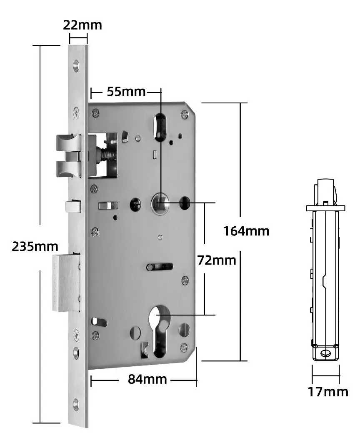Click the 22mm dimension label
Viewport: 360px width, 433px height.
pos(82,25)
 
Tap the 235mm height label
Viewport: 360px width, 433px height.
pos(35,246)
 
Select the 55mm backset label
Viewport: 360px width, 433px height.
pos(126,91)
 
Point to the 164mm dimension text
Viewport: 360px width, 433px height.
pos(246,230)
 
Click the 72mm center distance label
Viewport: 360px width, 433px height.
pos(216,260)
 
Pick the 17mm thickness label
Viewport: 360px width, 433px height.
pos(328,392)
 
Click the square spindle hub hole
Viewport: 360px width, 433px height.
pos(160,203)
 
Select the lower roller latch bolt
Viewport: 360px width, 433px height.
pos(67,168)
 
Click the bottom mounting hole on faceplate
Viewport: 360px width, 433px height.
pos(76,403)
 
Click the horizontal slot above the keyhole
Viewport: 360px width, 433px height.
pos(160,266)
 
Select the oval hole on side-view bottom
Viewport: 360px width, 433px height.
pos(325,354)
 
